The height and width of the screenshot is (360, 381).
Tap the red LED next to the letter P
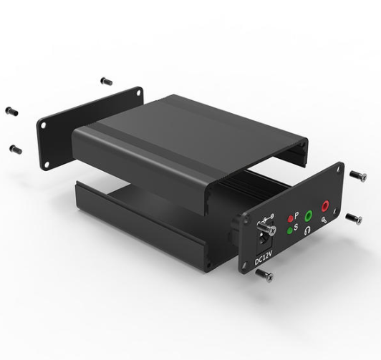[290, 219]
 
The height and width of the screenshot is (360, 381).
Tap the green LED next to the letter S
[289, 230]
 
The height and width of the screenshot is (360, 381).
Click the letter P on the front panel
[296, 215]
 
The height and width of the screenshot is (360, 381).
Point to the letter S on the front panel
[296, 227]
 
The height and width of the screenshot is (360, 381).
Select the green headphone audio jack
[309, 215]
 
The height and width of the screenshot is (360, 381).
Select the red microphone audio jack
[325, 206]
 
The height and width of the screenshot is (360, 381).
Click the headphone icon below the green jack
[307, 230]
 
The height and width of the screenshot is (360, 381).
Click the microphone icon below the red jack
[324, 220]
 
